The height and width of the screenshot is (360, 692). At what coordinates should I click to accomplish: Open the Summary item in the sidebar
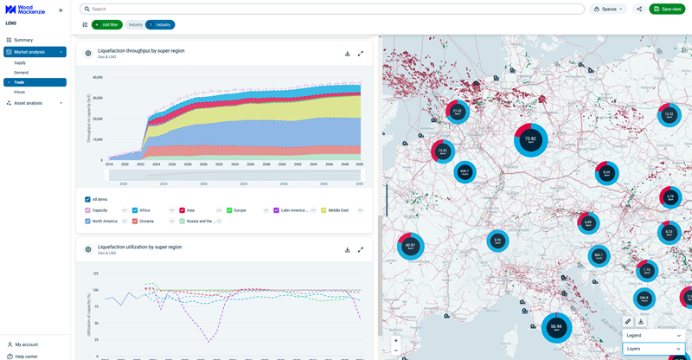click(x=23, y=40)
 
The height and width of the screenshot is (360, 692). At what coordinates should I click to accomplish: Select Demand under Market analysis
click(x=21, y=73)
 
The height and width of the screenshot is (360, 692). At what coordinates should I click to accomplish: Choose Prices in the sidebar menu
click(x=19, y=92)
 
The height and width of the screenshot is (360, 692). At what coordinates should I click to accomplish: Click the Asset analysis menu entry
click(x=28, y=103)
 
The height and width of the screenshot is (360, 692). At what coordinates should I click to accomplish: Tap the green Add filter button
click(x=106, y=25)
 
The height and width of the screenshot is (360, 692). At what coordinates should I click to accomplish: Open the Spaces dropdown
click(x=608, y=9)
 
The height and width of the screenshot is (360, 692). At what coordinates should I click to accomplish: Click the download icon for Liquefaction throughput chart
click(x=348, y=54)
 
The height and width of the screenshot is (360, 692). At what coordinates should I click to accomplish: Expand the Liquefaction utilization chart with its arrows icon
click(x=361, y=250)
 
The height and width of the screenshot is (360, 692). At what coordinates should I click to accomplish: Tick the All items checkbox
click(x=88, y=200)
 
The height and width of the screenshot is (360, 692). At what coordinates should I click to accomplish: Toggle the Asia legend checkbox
click(x=183, y=210)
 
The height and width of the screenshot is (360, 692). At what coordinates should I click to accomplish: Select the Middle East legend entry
click(x=324, y=210)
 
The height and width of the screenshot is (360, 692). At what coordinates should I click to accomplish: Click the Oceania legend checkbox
click(x=136, y=222)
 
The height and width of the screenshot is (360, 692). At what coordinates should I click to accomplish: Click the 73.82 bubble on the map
click(x=530, y=139)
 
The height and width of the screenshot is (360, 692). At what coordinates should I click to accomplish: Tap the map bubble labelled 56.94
click(x=556, y=328)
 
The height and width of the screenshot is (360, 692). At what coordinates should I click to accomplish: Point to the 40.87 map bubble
click(x=410, y=246)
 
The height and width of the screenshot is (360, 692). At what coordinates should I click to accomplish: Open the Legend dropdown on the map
click(x=653, y=336)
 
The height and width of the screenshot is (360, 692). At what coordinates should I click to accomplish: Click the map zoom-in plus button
click(x=396, y=341)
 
